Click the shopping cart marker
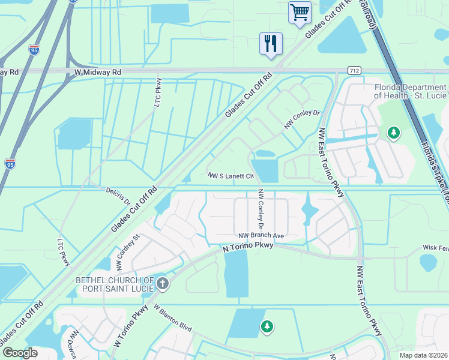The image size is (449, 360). [x=300, y=12]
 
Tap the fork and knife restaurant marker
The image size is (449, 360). [x=271, y=43]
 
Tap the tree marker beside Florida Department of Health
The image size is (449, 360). [x=394, y=132]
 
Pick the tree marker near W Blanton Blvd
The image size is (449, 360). [x=267, y=326]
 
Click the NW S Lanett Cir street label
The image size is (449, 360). [x=231, y=176]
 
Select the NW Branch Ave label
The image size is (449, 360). [x=261, y=236]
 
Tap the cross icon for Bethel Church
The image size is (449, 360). [x=163, y=283]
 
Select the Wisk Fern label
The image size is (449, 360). [x=435, y=247]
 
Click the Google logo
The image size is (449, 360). [x=20, y=353]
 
